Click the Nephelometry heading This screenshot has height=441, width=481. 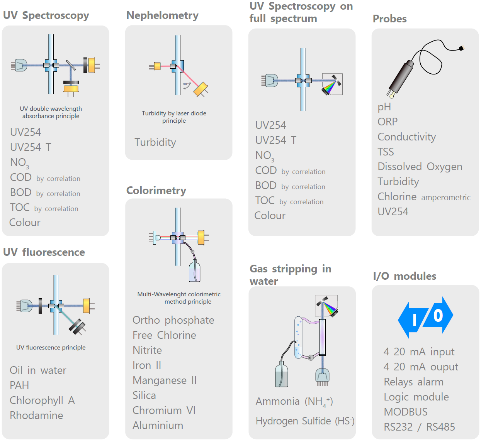click(x=162, y=15)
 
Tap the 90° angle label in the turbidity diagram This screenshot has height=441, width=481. click(x=185, y=84)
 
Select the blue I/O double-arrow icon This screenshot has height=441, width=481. click(x=425, y=317)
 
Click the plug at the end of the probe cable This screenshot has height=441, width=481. click(x=462, y=48)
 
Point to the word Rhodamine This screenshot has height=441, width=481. click(x=36, y=415)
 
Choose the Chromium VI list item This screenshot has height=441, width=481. click(x=164, y=410)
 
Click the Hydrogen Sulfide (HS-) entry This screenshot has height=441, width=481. click(x=305, y=421)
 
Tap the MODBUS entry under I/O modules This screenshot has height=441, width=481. click(x=406, y=412)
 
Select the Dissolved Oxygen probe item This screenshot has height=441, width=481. click(x=420, y=167)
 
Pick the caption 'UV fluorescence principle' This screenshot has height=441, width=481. click(x=51, y=347)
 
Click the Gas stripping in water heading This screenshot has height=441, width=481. click(x=291, y=275)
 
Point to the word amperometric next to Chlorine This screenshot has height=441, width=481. click(x=446, y=198)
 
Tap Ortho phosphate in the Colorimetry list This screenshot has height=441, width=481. click(x=173, y=320)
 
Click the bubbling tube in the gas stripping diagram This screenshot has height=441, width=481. click(x=298, y=337)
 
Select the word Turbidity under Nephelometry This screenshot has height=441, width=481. click(x=155, y=142)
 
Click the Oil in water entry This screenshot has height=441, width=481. click(x=38, y=370)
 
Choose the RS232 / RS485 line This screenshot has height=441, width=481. click(x=419, y=427)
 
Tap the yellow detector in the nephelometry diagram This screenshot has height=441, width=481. click(x=201, y=89)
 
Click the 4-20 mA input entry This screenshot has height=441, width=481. click(x=419, y=351)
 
